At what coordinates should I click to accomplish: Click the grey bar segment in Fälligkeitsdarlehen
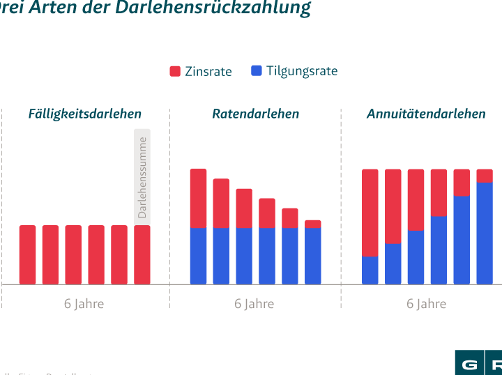(x=142, y=176)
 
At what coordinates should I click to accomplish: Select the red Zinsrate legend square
(x=175, y=71)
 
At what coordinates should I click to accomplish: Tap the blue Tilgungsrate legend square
(x=256, y=71)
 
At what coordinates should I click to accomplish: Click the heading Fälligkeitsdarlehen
(x=84, y=114)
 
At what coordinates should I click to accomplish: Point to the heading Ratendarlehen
(x=255, y=114)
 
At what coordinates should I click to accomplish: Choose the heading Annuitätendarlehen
(x=425, y=114)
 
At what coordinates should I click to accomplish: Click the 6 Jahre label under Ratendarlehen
(x=254, y=304)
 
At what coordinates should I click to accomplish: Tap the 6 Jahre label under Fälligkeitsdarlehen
(x=84, y=304)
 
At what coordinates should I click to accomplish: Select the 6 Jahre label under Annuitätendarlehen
(x=426, y=304)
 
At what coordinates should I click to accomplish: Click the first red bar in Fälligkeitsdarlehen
(x=27, y=254)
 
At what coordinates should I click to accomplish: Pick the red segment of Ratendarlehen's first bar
(x=199, y=198)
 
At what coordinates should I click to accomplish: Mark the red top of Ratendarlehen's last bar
(x=313, y=224)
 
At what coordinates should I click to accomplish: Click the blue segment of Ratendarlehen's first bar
(x=199, y=256)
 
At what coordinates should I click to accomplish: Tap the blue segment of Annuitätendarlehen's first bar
(x=370, y=270)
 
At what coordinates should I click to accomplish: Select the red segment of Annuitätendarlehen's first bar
(x=370, y=212)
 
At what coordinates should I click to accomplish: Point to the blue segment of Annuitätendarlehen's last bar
(x=485, y=233)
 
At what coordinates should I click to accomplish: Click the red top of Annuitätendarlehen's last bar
(x=485, y=175)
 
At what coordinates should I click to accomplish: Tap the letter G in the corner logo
(x=469, y=365)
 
